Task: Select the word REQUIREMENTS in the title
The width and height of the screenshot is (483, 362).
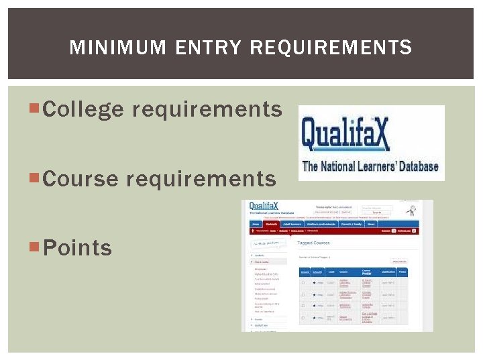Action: [331, 48]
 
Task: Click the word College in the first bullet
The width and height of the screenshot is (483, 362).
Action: [83, 109]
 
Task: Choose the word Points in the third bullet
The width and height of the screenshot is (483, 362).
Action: [77, 247]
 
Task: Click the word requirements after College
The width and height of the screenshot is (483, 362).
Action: [207, 109]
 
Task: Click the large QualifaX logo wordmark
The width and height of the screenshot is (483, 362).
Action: [345, 133]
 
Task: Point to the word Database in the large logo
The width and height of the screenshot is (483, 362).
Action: [415, 166]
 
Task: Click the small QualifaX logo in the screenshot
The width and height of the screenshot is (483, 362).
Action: [264, 206]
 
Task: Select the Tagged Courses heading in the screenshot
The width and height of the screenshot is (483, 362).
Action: [313, 243]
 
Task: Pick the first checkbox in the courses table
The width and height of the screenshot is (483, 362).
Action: [303, 283]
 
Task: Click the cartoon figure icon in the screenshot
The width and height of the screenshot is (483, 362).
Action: [410, 210]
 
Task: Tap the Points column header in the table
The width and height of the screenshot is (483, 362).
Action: [402, 272]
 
